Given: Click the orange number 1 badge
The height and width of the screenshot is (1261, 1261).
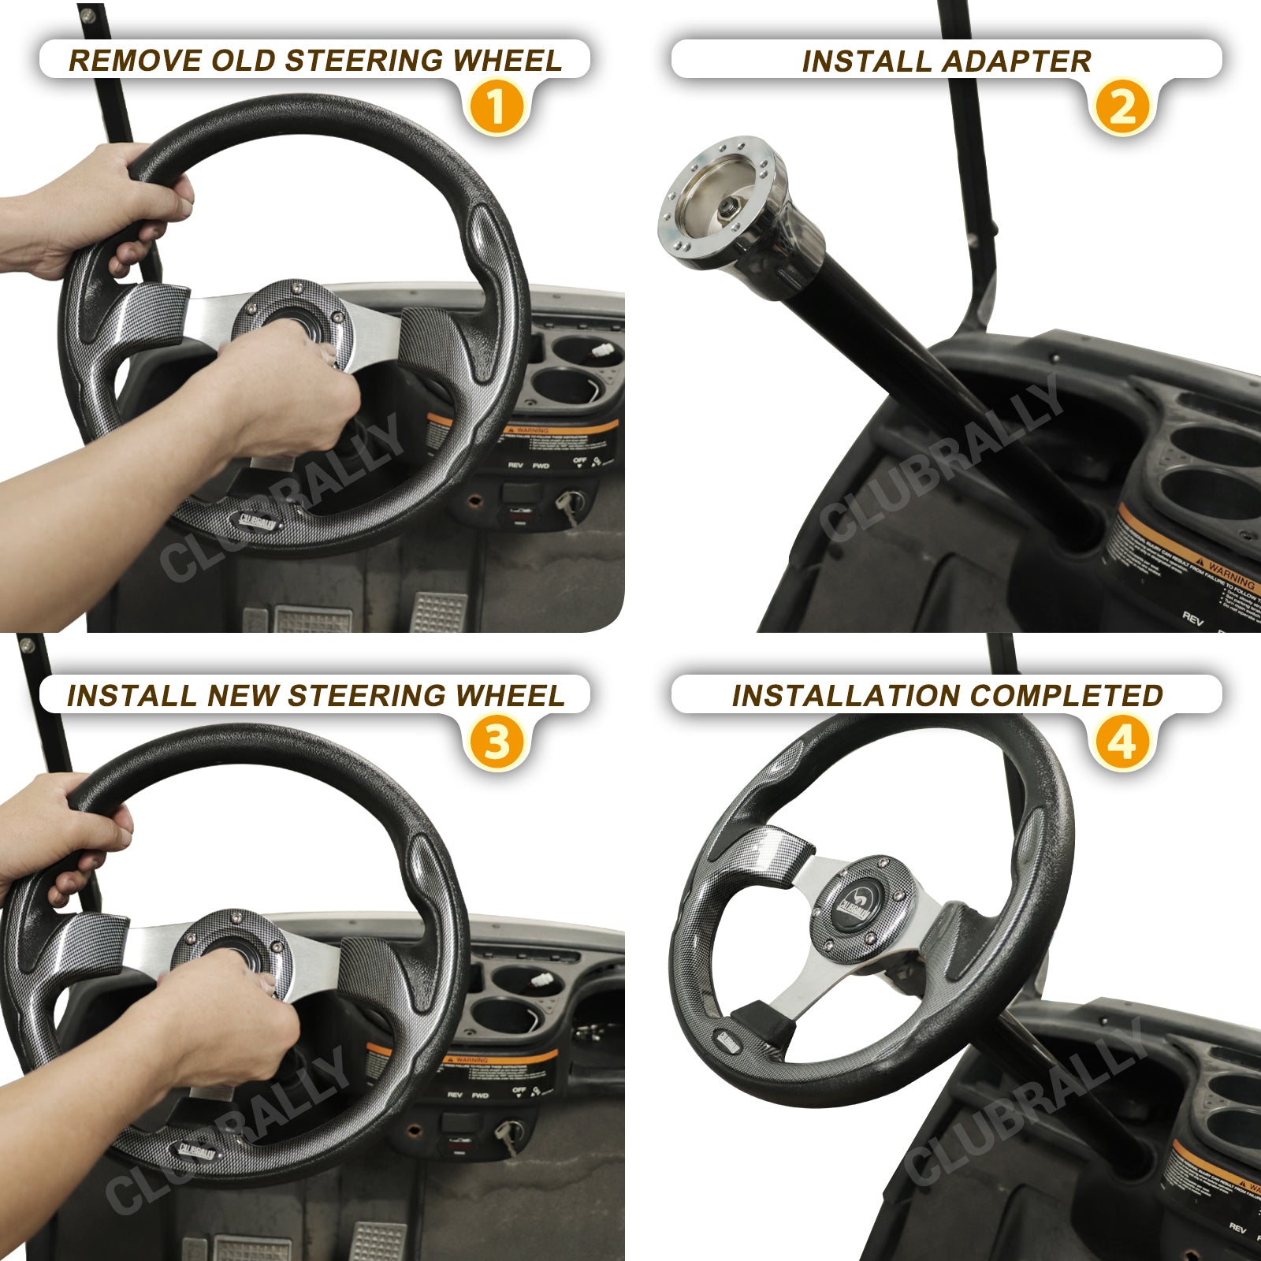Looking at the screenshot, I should pyautogui.click(x=495, y=107).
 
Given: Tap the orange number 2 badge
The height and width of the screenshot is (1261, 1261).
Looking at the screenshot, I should pyautogui.click(x=1122, y=107).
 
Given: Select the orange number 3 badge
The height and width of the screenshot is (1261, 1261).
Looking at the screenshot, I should pyautogui.click(x=495, y=742).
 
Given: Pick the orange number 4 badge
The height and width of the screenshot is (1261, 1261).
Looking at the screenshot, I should pyautogui.click(x=1122, y=742).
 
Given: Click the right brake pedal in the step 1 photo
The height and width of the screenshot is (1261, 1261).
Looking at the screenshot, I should pyautogui.click(x=438, y=610).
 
